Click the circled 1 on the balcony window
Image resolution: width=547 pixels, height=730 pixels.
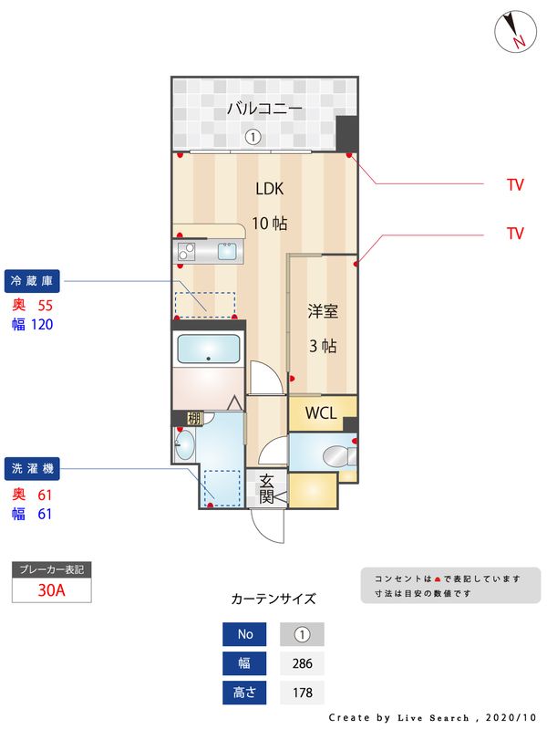click(x=253, y=137)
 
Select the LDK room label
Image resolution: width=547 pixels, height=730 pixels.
click(x=270, y=190)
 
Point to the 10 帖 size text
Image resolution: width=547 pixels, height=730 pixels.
click(x=270, y=224)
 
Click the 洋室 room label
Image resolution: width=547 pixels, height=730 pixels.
click(x=323, y=311)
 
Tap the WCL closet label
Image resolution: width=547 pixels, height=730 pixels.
click(x=321, y=412)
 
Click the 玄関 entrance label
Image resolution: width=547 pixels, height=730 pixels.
click(x=267, y=488)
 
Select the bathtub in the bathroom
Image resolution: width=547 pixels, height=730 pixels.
click(x=208, y=349)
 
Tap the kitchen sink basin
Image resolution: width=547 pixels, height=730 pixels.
click(x=225, y=251)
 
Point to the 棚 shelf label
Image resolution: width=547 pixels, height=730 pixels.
click(x=194, y=419)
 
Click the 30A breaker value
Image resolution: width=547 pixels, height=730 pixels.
click(x=51, y=589)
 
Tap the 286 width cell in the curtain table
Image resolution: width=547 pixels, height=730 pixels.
click(x=302, y=663)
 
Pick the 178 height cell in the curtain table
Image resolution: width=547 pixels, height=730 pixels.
click(x=302, y=693)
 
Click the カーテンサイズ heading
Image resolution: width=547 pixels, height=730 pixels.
click(x=273, y=600)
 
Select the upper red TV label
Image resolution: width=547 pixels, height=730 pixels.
click(x=515, y=184)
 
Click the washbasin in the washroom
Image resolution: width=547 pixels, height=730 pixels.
click(x=185, y=446)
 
